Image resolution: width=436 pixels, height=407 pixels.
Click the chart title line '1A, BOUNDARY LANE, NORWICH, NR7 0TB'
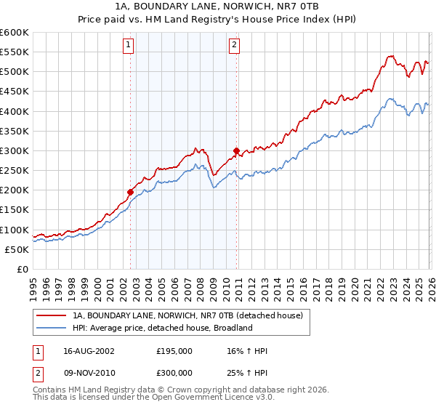218,6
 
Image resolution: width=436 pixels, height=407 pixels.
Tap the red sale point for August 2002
131,193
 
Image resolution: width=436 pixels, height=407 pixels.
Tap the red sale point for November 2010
237,151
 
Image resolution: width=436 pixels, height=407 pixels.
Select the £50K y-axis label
17,249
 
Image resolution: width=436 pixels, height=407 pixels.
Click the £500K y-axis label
15,72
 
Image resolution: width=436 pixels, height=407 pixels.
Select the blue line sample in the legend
52,328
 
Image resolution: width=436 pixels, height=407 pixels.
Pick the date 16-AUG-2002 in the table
89,351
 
